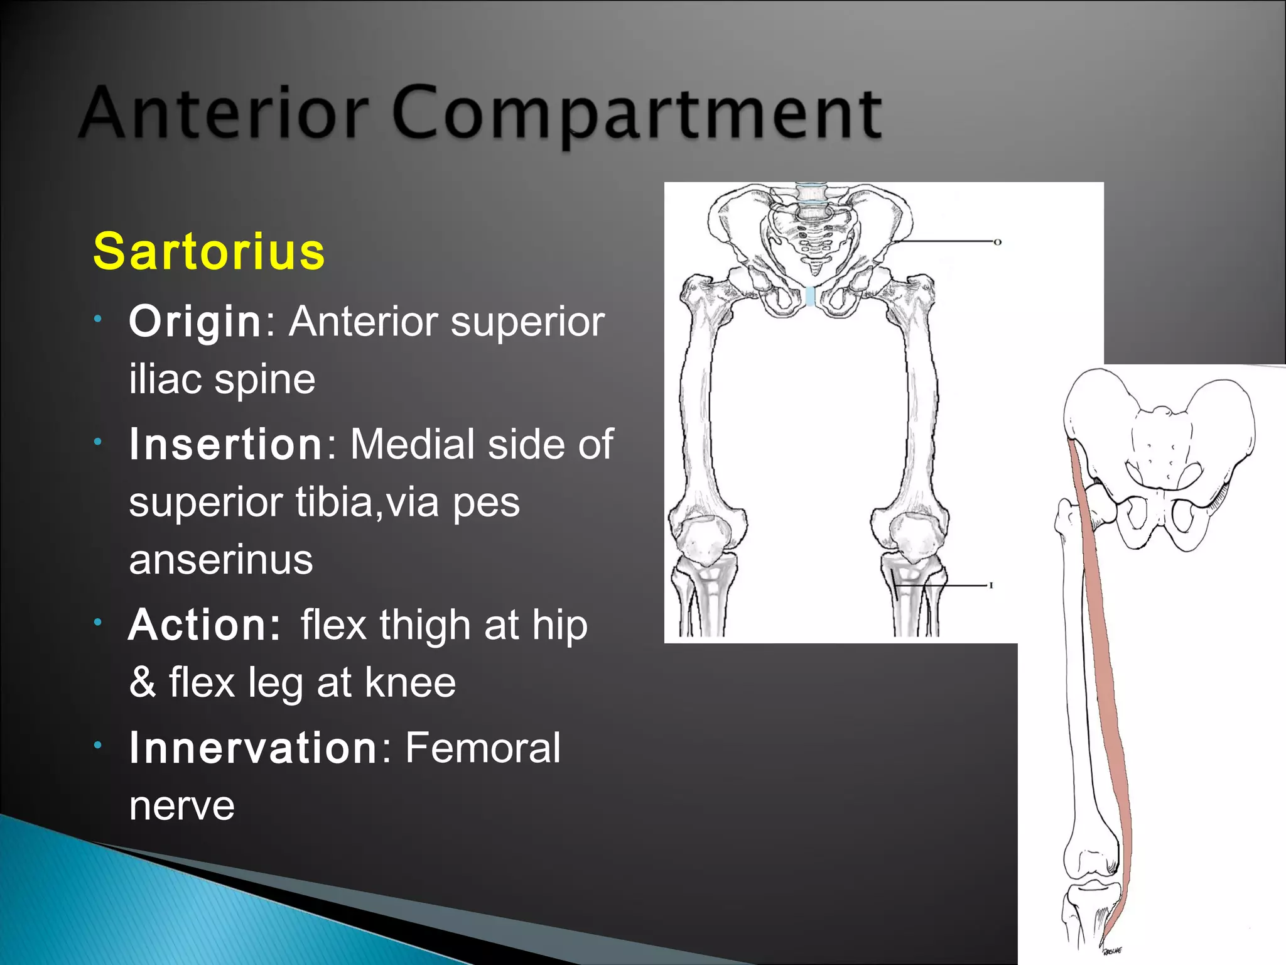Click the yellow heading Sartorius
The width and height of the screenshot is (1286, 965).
click(x=209, y=251)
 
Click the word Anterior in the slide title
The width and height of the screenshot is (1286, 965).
click(x=223, y=113)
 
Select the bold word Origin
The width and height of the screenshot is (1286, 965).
click(x=195, y=322)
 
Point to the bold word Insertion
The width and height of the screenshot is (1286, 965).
click(x=226, y=444)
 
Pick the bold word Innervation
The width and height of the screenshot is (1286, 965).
click(x=252, y=748)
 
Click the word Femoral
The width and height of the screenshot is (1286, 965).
click(x=482, y=748)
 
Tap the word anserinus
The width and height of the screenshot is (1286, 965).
click(x=220, y=559)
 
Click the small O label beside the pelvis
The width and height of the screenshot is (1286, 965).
click(x=997, y=242)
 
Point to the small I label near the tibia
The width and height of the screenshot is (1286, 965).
click(x=991, y=586)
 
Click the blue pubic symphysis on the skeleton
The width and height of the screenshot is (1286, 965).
click(x=810, y=297)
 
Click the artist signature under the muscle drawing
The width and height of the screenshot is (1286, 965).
click(x=1113, y=951)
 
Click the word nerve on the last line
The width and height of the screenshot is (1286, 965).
click(x=181, y=805)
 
